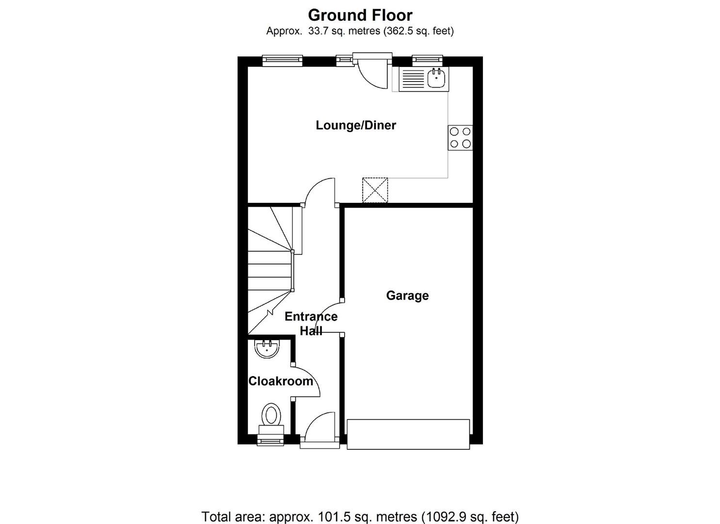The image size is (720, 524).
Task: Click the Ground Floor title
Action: [x=360, y=15]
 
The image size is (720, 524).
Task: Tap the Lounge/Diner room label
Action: [x=356, y=125]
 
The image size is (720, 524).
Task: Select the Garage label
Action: [x=407, y=295]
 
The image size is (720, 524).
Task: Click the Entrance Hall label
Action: [x=311, y=323]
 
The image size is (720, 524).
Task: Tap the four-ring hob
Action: [x=460, y=137]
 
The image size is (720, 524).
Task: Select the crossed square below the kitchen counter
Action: [x=375, y=190]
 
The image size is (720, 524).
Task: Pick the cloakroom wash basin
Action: [x=267, y=348]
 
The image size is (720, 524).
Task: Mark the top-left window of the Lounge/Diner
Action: [x=282, y=60]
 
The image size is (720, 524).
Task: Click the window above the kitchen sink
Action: [x=427, y=60]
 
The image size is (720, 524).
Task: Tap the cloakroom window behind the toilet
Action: [x=271, y=441]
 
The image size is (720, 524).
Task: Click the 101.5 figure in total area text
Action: [x=333, y=517]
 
